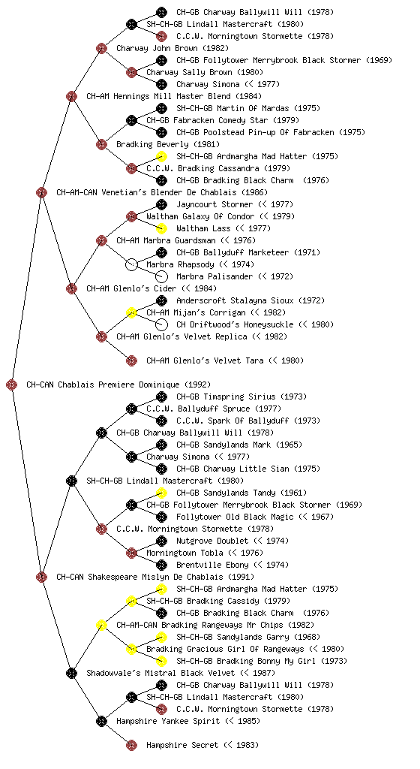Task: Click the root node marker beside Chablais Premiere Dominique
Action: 12,385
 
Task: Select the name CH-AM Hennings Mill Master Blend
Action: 174,97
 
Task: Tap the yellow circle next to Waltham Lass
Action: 161,228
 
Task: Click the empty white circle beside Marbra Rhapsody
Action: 131,265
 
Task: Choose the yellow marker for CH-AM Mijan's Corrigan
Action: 131,313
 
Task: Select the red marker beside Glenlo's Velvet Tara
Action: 131,361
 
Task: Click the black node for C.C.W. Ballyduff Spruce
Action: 131,409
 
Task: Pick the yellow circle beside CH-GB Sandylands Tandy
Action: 161,493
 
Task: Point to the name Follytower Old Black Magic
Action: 235,517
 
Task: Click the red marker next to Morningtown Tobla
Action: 131,553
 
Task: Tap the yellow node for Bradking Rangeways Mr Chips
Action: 101,626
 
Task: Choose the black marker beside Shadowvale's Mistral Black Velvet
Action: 71,674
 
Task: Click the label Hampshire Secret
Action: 182,746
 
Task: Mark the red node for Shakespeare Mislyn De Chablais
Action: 41,578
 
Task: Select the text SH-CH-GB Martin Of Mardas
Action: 232,108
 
